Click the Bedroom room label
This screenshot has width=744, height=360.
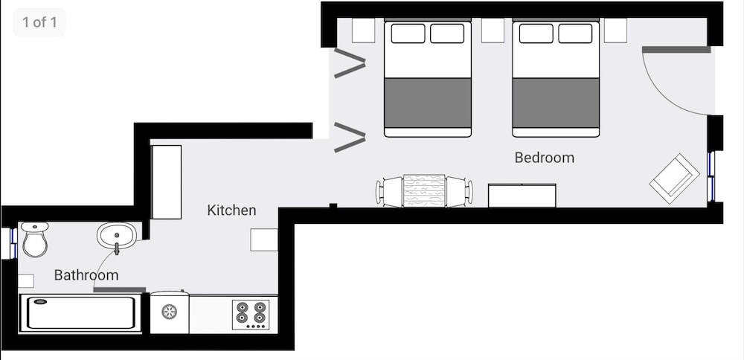[x=545, y=158]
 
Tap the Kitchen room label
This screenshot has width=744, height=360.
[x=231, y=210]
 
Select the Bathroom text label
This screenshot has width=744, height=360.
[x=86, y=275]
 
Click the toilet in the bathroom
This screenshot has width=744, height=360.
[x=35, y=239]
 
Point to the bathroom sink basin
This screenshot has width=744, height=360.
[x=117, y=235]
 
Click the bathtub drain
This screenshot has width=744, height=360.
[x=41, y=302]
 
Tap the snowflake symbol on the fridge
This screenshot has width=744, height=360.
[x=169, y=312]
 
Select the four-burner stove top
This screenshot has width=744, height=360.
[x=251, y=315]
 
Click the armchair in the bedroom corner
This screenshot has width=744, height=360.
[x=674, y=179]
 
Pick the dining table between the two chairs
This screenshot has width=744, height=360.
[x=424, y=191]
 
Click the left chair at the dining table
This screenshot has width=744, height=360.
[x=389, y=192]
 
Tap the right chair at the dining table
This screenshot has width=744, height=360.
[x=459, y=192]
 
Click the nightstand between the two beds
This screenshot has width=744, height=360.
[x=493, y=30]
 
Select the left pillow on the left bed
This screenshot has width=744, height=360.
[x=408, y=33]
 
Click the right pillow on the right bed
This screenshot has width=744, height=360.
[x=575, y=33]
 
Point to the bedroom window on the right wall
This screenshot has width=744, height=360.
[x=711, y=176]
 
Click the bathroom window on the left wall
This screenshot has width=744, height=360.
[x=13, y=243]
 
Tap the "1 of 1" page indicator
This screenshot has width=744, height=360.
[x=39, y=22]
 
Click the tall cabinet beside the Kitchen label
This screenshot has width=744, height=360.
[x=166, y=182]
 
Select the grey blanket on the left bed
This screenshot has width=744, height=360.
[x=428, y=103]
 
